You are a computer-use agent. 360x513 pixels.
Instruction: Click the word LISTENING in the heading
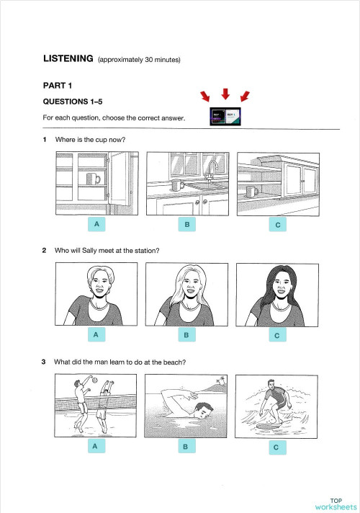point(68,59)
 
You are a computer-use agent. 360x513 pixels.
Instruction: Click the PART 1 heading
point(59,85)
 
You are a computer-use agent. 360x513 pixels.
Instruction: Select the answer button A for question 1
point(96,225)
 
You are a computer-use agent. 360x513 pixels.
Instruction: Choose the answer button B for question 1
point(186,225)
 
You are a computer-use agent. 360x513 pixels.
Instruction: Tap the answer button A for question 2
point(96,336)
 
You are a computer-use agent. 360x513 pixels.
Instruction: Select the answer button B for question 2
point(186,336)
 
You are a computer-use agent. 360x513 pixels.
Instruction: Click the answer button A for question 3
point(96,447)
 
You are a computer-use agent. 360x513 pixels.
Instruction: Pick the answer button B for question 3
point(186,447)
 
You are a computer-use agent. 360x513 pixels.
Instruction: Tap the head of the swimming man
point(204,411)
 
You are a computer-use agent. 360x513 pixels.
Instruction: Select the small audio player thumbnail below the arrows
point(225,117)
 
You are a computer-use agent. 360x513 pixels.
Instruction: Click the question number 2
point(45,250)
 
